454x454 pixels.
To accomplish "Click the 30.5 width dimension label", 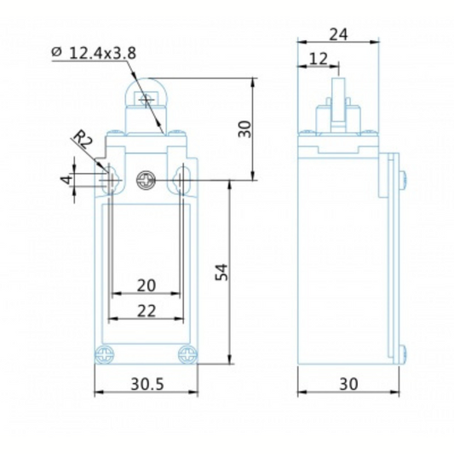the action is (x=147, y=384).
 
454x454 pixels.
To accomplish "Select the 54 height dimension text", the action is (x=221, y=273).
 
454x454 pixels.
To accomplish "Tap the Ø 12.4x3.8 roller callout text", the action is (x=94, y=53).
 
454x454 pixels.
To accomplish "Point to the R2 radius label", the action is (x=83, y=140).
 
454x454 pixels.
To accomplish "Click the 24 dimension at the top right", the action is (x=338, y=35).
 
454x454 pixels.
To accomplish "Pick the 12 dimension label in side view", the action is (x=319, y=59).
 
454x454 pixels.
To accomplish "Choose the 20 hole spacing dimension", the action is (x=147, y=285).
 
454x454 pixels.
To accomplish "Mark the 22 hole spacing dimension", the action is (x=147, y=311).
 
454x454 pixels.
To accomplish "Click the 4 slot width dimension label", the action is (x=67, y=180).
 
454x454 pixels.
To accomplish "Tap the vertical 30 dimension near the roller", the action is (x=245, y=129).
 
